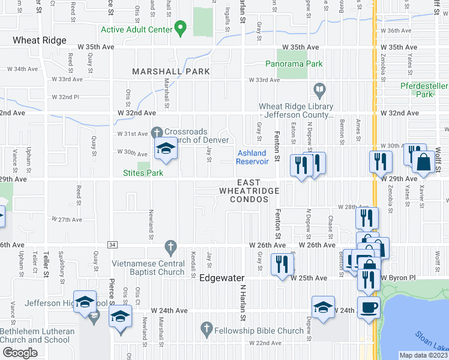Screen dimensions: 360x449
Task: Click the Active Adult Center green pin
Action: click(x=179, y=29)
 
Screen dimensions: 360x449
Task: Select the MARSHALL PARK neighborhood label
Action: click(x=171, y=71)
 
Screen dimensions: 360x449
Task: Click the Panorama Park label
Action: click(x=294, y=64)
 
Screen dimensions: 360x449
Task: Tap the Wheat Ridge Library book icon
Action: click(x=320, y=91)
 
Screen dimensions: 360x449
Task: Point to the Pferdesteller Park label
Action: click(x=424, y=90)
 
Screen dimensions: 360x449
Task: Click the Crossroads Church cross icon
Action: click(x=157, y=131)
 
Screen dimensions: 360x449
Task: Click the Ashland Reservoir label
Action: click(x=251, y=157)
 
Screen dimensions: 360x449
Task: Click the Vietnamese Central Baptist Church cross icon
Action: click(x=171, y=246)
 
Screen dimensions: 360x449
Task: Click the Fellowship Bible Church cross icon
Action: click(x=206, y=328)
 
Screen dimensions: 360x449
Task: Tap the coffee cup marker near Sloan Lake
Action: click(x=369, y=308)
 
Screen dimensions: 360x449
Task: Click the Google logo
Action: click(x=19, y=352)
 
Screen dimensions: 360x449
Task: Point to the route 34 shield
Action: click(x=112, y=244)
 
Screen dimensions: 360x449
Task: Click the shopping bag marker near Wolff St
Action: click(x=424, y=162)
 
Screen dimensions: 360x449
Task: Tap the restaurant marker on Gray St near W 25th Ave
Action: click(x=280, y=264)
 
